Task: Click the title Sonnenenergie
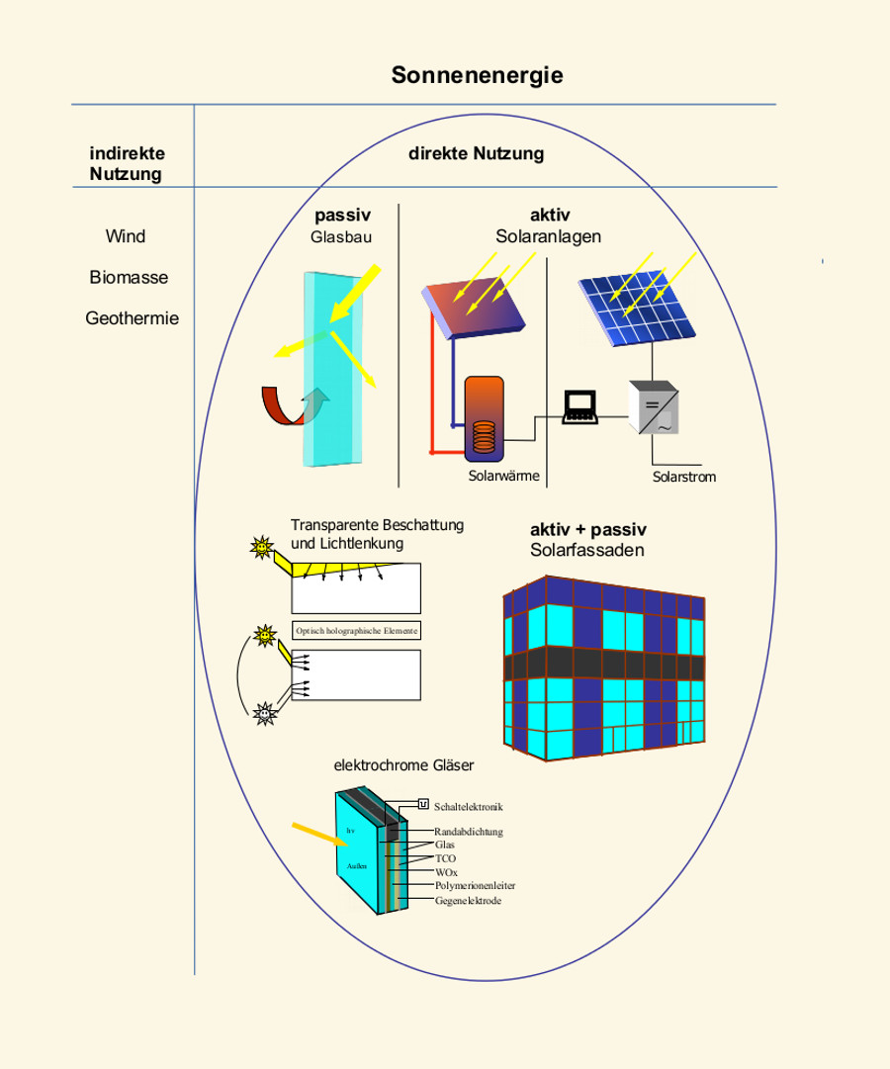point(477,75)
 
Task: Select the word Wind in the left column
point(126,236)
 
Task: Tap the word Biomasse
point(129,278)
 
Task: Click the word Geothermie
point(132,319)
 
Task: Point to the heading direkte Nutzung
point(477,154)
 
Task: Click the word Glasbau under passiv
point(341,237)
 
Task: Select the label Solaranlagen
point(549,237)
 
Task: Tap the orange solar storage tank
point(485,417)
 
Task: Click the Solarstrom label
point(684,477)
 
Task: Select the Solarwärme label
point(503,476)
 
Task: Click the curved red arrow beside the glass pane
point(279,405)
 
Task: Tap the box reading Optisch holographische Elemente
point(357,631)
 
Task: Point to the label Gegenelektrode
point(468,901)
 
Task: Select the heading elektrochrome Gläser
point(404,764)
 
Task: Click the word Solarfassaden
point(586,550)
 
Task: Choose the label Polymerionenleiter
point(476,887)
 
